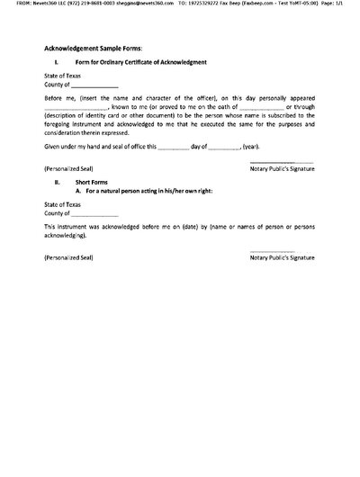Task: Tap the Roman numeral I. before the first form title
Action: tap(57, 62)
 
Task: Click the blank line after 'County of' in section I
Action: tap(95, 85)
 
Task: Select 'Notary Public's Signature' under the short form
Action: tap(283, 258)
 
